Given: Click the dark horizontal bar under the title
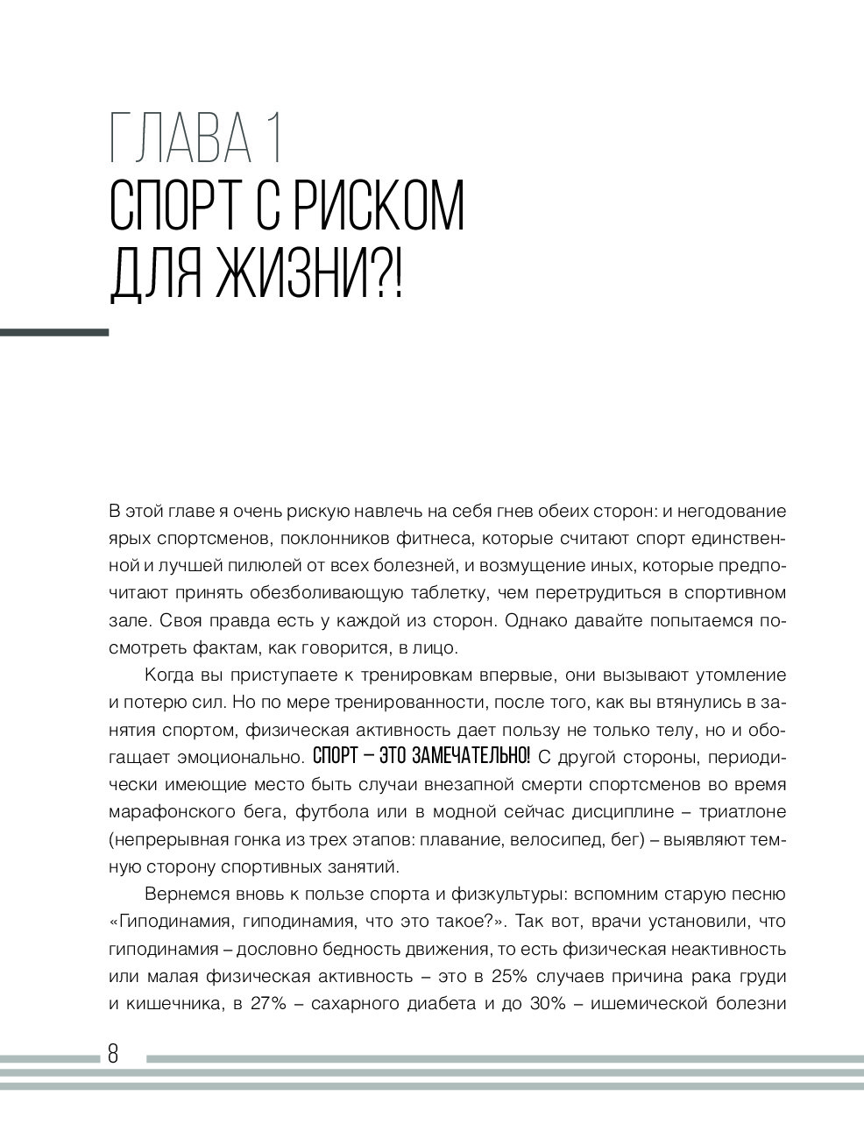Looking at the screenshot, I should (x=54, y=333).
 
